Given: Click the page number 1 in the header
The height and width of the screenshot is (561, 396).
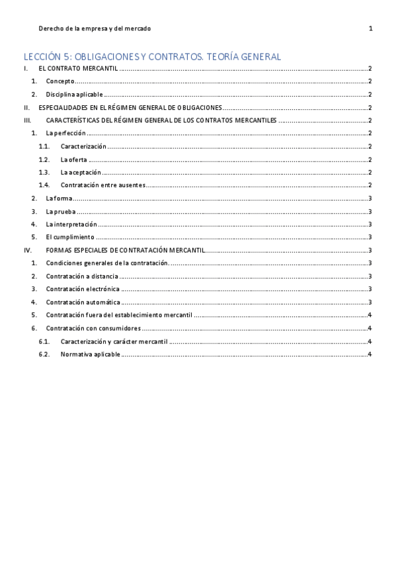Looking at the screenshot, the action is coord(371,28).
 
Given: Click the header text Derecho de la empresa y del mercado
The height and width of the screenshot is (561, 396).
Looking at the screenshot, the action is coord(95,28).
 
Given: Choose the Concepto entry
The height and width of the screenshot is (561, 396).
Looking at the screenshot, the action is coord(60,81).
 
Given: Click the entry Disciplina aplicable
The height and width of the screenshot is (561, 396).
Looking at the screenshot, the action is coord(74,95).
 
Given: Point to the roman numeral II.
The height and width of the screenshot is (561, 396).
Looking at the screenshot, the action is coord(26,107).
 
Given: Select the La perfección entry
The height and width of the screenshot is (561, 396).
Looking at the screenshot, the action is coord(65,133).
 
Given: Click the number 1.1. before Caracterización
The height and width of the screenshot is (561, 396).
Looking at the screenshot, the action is coord(44,146).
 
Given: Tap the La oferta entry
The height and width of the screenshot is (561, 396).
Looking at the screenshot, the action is coord(73,159).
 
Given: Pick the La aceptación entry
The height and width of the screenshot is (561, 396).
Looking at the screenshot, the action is coord(81,172).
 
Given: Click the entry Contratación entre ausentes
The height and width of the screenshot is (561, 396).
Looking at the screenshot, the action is coord(102,185).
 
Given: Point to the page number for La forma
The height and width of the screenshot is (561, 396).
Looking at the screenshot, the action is coord(371,198).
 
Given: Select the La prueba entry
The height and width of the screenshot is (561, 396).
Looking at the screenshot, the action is coord(60,211).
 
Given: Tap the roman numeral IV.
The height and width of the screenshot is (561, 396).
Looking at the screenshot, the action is coord(27,250).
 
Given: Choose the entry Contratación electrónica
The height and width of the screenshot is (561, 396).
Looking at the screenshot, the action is coord(83,289).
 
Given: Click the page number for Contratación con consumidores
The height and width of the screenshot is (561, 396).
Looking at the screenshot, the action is coord(371,328).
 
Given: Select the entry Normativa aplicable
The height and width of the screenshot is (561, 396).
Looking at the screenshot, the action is coord(90,354).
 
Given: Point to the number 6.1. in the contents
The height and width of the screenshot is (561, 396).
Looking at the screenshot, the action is coord(44,341).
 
